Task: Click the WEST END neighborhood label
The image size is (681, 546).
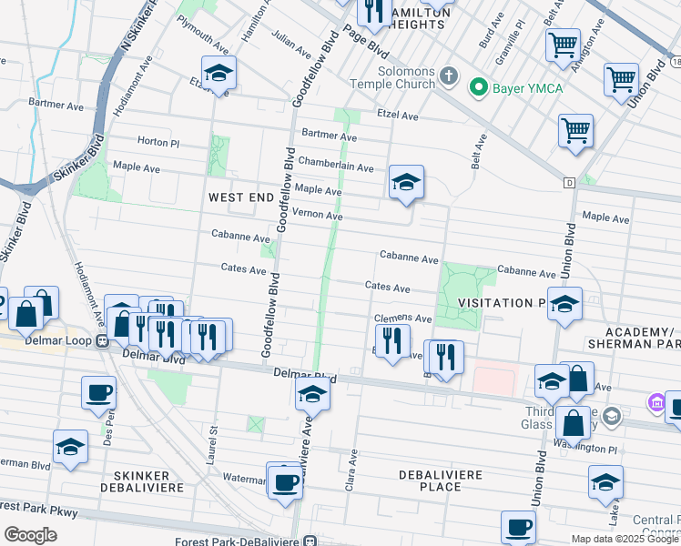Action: click(240, 197)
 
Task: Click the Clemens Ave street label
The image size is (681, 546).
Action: click(403, 318)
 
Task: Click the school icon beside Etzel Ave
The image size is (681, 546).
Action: click(219, 73)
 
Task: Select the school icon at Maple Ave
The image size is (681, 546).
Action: click(406, 182)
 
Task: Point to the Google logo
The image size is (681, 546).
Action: click(30, 536)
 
